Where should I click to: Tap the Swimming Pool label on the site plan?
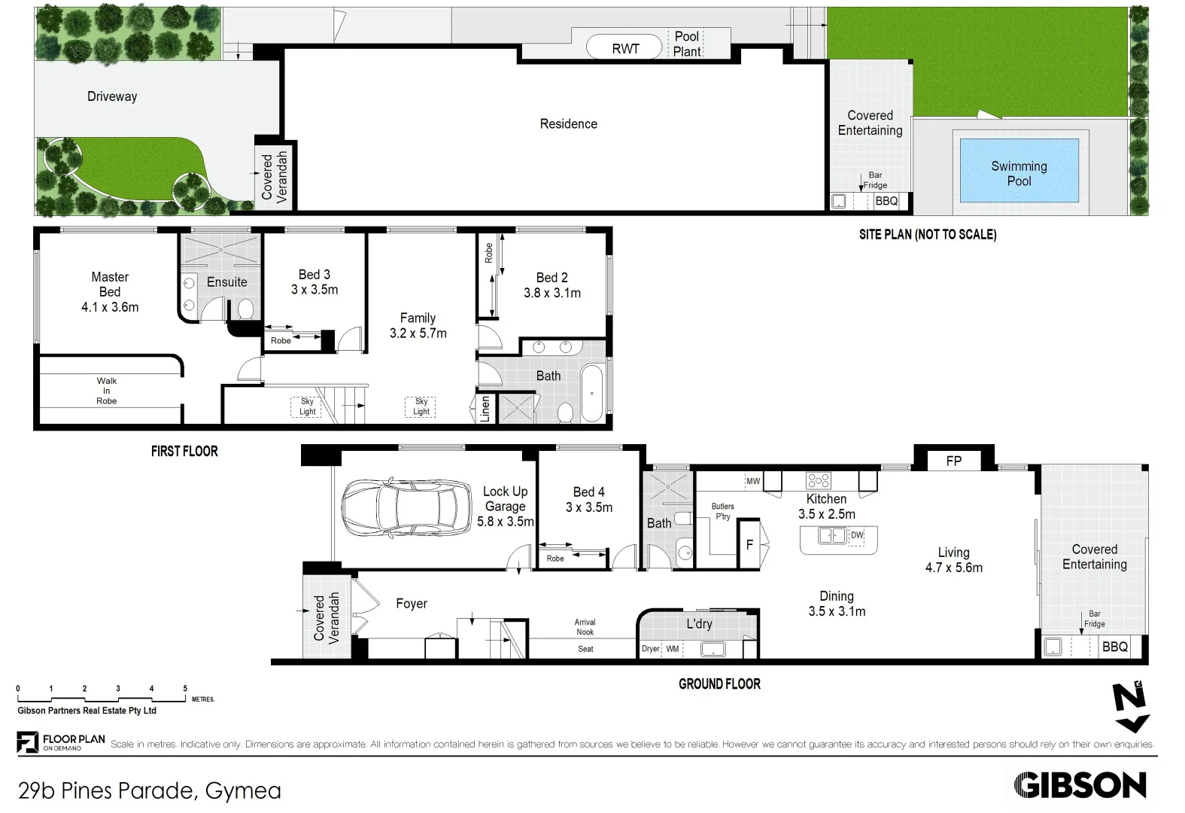1019,173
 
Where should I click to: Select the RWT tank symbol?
625,48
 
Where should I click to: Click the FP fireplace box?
953,461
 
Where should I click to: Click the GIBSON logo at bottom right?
1080,786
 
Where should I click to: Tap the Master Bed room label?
110,285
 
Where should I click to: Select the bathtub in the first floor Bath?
592,394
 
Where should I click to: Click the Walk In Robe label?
107,391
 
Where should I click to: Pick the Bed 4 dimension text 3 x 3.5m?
589,507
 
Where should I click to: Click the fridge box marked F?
749,544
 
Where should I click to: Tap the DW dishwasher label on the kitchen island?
857,535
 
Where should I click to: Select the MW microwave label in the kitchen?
753,481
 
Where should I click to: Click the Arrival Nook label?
585,627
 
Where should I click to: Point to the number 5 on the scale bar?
185,688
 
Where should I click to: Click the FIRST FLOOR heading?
184,451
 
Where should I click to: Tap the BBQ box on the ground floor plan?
1114,647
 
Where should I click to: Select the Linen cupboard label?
485,409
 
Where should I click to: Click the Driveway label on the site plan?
112,96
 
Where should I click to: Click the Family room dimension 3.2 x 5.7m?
418,333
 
